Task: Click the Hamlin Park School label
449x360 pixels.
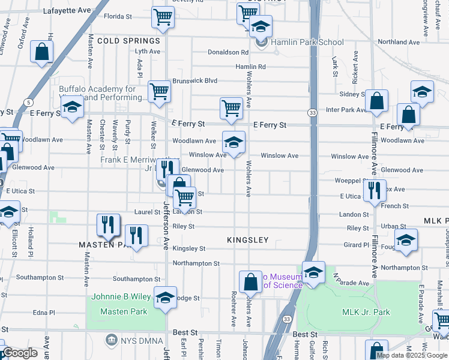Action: click(307, 42)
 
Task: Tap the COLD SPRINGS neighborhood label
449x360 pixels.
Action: click(128, 41)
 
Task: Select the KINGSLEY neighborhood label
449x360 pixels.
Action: click(247, 240)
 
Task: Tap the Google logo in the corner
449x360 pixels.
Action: click(20, 353)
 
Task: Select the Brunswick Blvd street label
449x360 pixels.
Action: click(194, 80)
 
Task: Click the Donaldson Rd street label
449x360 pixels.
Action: click(228, 52)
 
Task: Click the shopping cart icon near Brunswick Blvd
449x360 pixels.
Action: click(160, 92)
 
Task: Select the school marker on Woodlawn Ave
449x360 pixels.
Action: click(234, 142)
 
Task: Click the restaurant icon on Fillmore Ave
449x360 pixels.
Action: click(375, 191)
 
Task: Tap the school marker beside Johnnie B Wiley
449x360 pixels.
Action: click(165, 296)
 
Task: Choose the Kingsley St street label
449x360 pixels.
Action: click(188, 248)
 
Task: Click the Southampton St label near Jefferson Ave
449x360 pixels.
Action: click(136, 279)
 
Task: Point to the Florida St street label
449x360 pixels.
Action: click(117, 17)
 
